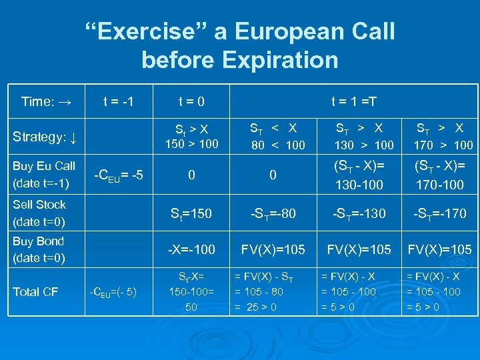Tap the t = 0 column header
click(x=191, y=102)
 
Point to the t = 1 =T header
click(x=354, y=102)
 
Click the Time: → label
click(x=45, y=102)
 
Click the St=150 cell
click(x=191, y=213)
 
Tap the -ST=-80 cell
click(x=273, y=213)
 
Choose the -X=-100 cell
click(x=191, y=249)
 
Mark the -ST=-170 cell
click(x=439, y=213)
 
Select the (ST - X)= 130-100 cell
click(x=359, y=175)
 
